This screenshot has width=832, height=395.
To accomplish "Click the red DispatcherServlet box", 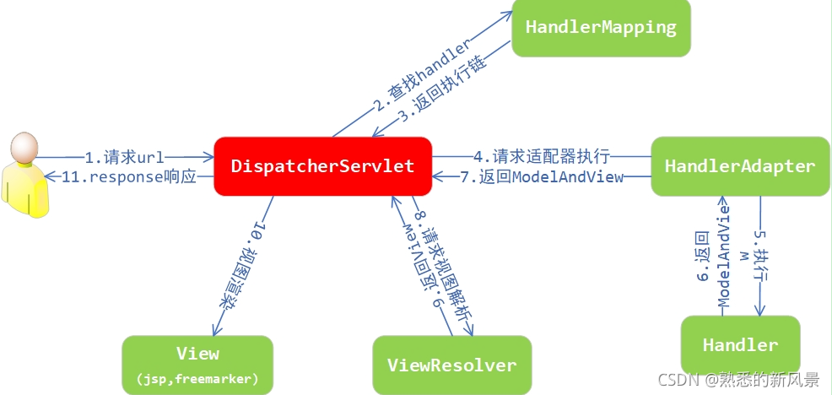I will pos(322,166).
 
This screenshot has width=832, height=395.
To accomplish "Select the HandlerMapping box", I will pos(600,27).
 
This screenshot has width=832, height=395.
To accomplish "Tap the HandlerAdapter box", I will pos(739,166).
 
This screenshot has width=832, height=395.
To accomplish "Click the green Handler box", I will pos(740,344).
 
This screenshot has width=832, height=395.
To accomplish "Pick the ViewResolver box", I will pos(451,365).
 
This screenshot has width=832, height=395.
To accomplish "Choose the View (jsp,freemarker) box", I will pos(197,364).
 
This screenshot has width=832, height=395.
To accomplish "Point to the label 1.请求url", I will pos(124,157).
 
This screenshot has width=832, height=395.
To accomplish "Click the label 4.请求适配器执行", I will pos(541,156).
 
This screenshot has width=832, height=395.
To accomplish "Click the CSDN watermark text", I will pos(739,379).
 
